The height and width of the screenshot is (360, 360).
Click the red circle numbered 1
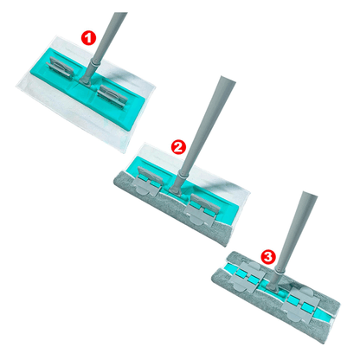pyautogui.click(x=88, y=38)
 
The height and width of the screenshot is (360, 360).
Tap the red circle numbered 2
pyautogui.click(x=179, y=146)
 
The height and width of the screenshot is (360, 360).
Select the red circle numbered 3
pyautogui.click(x=268, y=256)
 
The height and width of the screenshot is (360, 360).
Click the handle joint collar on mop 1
pyautogui.click(x=94, y=61)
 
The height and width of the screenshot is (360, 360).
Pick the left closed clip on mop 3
pyautogui.click(x=247, y=276)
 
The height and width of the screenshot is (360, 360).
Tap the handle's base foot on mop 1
pyautogui.click(x=86, y=80)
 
